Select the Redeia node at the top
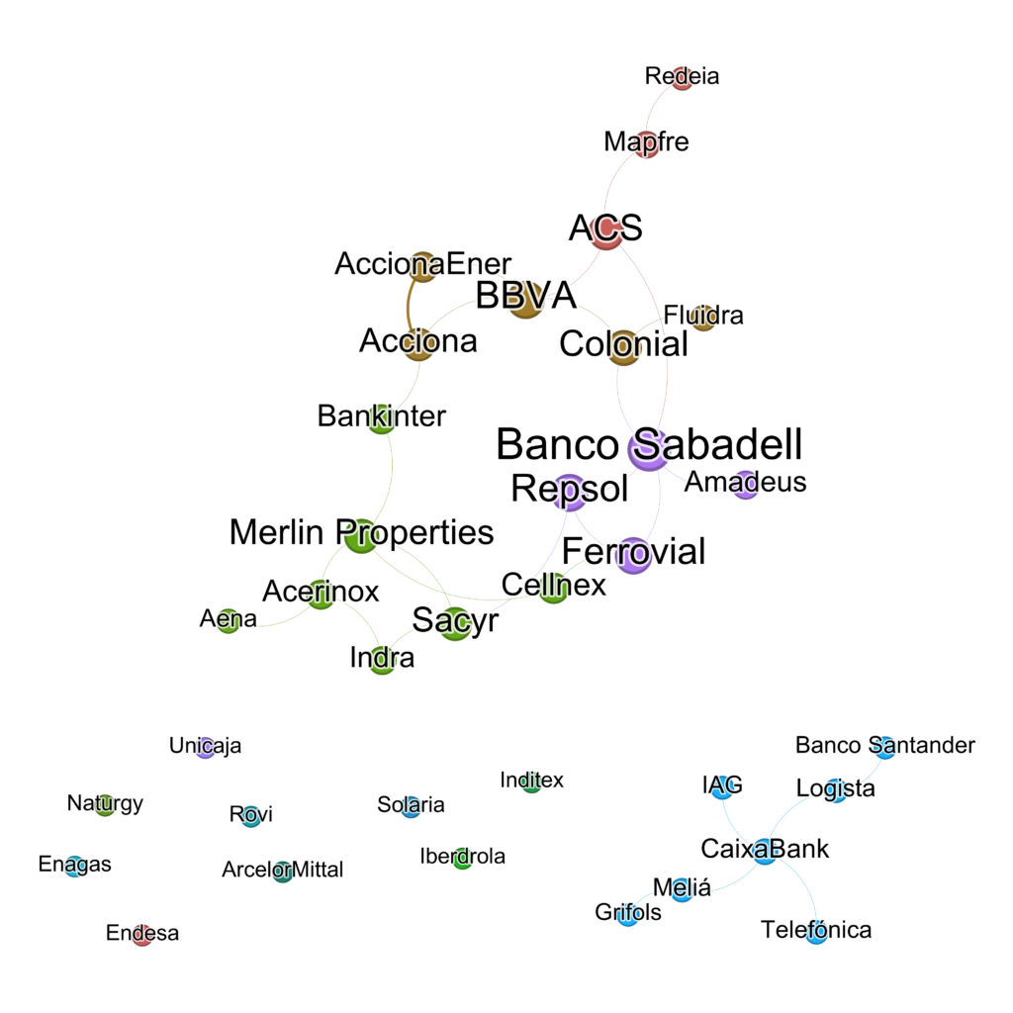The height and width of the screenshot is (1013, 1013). pyautogui.click(x=682, y=78)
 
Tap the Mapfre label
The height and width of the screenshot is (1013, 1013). pyautogui.click(x=646, y=142)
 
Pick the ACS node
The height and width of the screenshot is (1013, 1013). pyautogui.click(x=606, y=230)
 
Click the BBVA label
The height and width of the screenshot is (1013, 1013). pyautogui.click(x=525, y=295)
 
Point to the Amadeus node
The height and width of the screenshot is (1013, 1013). pyautogui.click(x=746, y=485)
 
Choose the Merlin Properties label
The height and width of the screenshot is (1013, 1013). pyautogui.click(x=361, y=532)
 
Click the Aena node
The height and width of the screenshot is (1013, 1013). pyautogui.click(x=229, y=620)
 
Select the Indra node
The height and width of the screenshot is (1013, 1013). pyautogui.click(x=383, y=659)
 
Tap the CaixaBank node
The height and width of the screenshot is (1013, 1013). pyautogui.click(x=765, y=850)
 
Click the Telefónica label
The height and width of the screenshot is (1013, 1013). pyautogui.click(x=816, y=930)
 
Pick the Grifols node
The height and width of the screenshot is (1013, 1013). pyautogui.click(x=627, y=913)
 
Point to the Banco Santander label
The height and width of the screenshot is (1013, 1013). pyautogui.click(x=885, y=745)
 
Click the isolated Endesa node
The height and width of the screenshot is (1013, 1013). pyautogui.click(x=142, y=934)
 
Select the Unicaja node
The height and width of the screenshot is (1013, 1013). pyautogui.click(x=205, y=747)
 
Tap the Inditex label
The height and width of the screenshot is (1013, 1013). pyautogui.click(x=531, y=781)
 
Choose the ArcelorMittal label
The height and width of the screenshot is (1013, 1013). pyautogui.click(x=283, y=870)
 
